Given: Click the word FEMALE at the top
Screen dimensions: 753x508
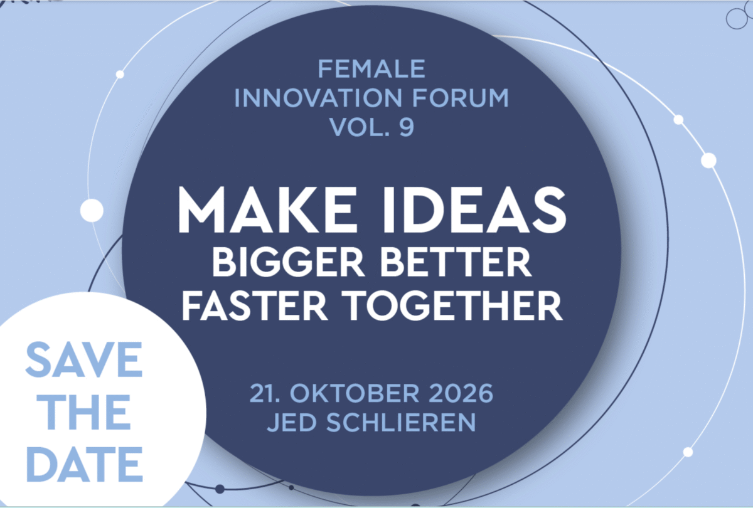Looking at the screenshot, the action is tap(371, 69).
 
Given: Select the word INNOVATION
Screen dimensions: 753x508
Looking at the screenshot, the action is tap(318, 98).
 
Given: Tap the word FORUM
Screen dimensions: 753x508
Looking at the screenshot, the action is tap(460, 98).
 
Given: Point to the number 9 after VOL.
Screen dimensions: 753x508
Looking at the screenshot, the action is tap(407, 127).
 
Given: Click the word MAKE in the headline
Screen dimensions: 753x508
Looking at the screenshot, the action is tap(267, 209).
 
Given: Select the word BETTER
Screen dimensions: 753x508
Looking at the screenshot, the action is tap(456, 262).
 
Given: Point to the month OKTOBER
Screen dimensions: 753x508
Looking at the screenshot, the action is tap(355, 393).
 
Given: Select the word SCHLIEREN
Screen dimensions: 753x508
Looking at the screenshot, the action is tap(402, 422).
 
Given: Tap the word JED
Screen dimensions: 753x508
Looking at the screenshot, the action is tap(292, 423).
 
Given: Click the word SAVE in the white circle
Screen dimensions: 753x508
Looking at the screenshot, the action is tap(84, 359).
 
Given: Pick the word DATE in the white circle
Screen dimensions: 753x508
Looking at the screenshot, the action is tap(85, 464).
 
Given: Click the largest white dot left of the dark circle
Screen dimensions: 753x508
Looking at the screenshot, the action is tap(92, 211).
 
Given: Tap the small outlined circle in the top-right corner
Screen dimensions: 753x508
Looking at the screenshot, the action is tap(737, 18).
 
